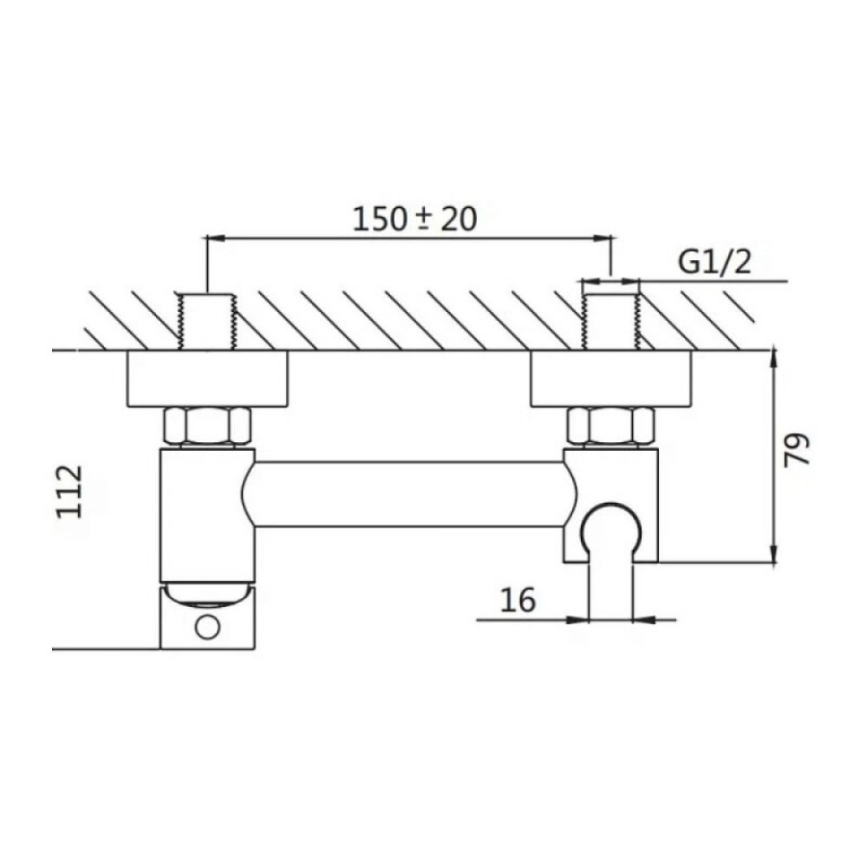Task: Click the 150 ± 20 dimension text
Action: [x=414, y=219]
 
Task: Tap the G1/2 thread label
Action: [x=715, y=263]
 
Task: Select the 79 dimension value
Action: [x=797, y=450]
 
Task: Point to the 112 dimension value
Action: [x=69, y=491]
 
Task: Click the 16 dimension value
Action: [x=518, y=599]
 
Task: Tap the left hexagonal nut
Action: [x=207, y=426]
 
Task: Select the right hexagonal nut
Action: [x=611, y=426]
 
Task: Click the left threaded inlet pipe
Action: [x=207, y=322]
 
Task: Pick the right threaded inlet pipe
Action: [x=611, y=322]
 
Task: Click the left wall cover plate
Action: [x=207, y=379]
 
